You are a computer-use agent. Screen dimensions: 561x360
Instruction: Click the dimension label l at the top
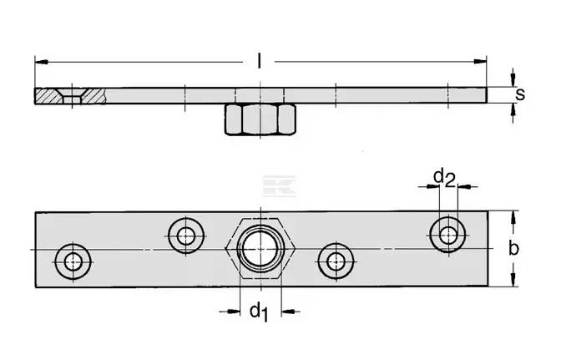pyautogui.click(x=259, y=61)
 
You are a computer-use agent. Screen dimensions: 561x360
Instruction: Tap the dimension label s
pyautogui.click(x=520, y=94)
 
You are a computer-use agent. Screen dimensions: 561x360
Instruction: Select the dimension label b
pyautogui.click(x=513, y=248)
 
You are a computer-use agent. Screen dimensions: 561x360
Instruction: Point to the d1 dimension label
pyautogui.click(x=259, y=312)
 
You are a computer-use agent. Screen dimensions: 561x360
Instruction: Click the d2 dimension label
pyautogui.click(x=444, y=178)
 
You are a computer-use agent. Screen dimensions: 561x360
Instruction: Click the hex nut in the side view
pyautogui.click(x=260, y=119)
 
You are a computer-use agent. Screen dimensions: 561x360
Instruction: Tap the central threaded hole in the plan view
pyautogui.click(x=260, y=248)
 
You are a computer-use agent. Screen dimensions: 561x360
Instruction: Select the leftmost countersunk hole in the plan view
pyautogui.click(x=73, y=262)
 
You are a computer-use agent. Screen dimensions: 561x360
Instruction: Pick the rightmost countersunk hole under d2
pyautogui.click(x=447, y=235)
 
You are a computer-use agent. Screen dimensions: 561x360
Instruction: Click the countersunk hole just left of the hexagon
pyautogui.click(x=186, y=236)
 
